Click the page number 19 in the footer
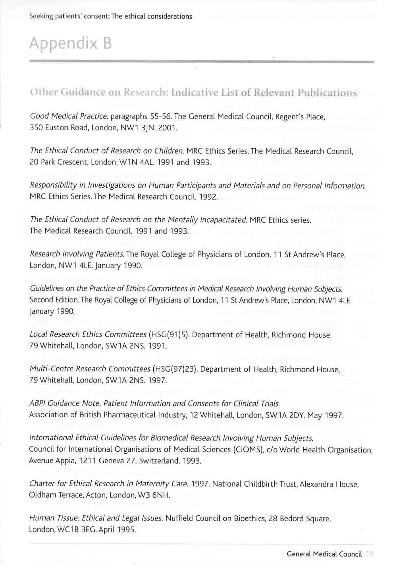click(369, 554)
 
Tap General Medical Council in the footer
click(324, 554)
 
